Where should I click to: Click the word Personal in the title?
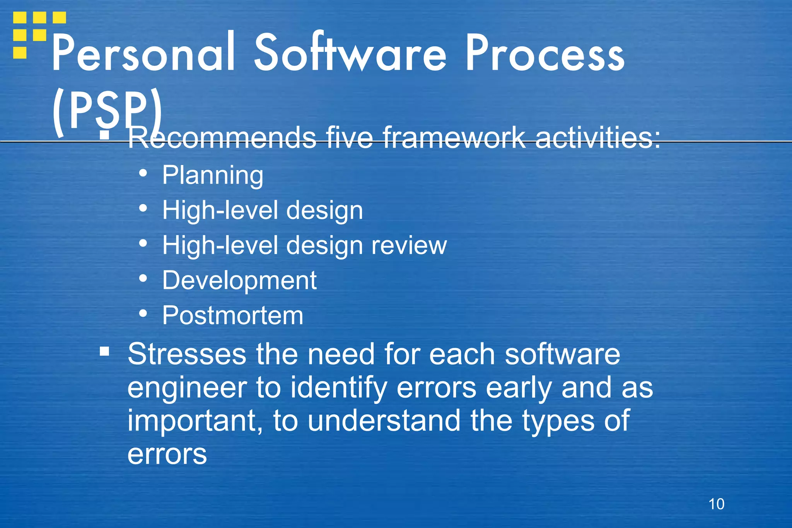coord(143,53)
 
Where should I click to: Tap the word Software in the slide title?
coord(350,53)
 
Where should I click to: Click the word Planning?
coord(213,175)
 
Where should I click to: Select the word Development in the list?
coord(239,280)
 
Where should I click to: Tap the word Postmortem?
coord(232,316)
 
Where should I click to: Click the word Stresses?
coord(187,354)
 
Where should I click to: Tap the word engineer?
coord(187,388)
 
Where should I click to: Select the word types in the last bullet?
coord(558,421)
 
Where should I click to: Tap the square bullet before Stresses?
coord(104,351)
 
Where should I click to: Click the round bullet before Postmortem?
coord(143,314)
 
